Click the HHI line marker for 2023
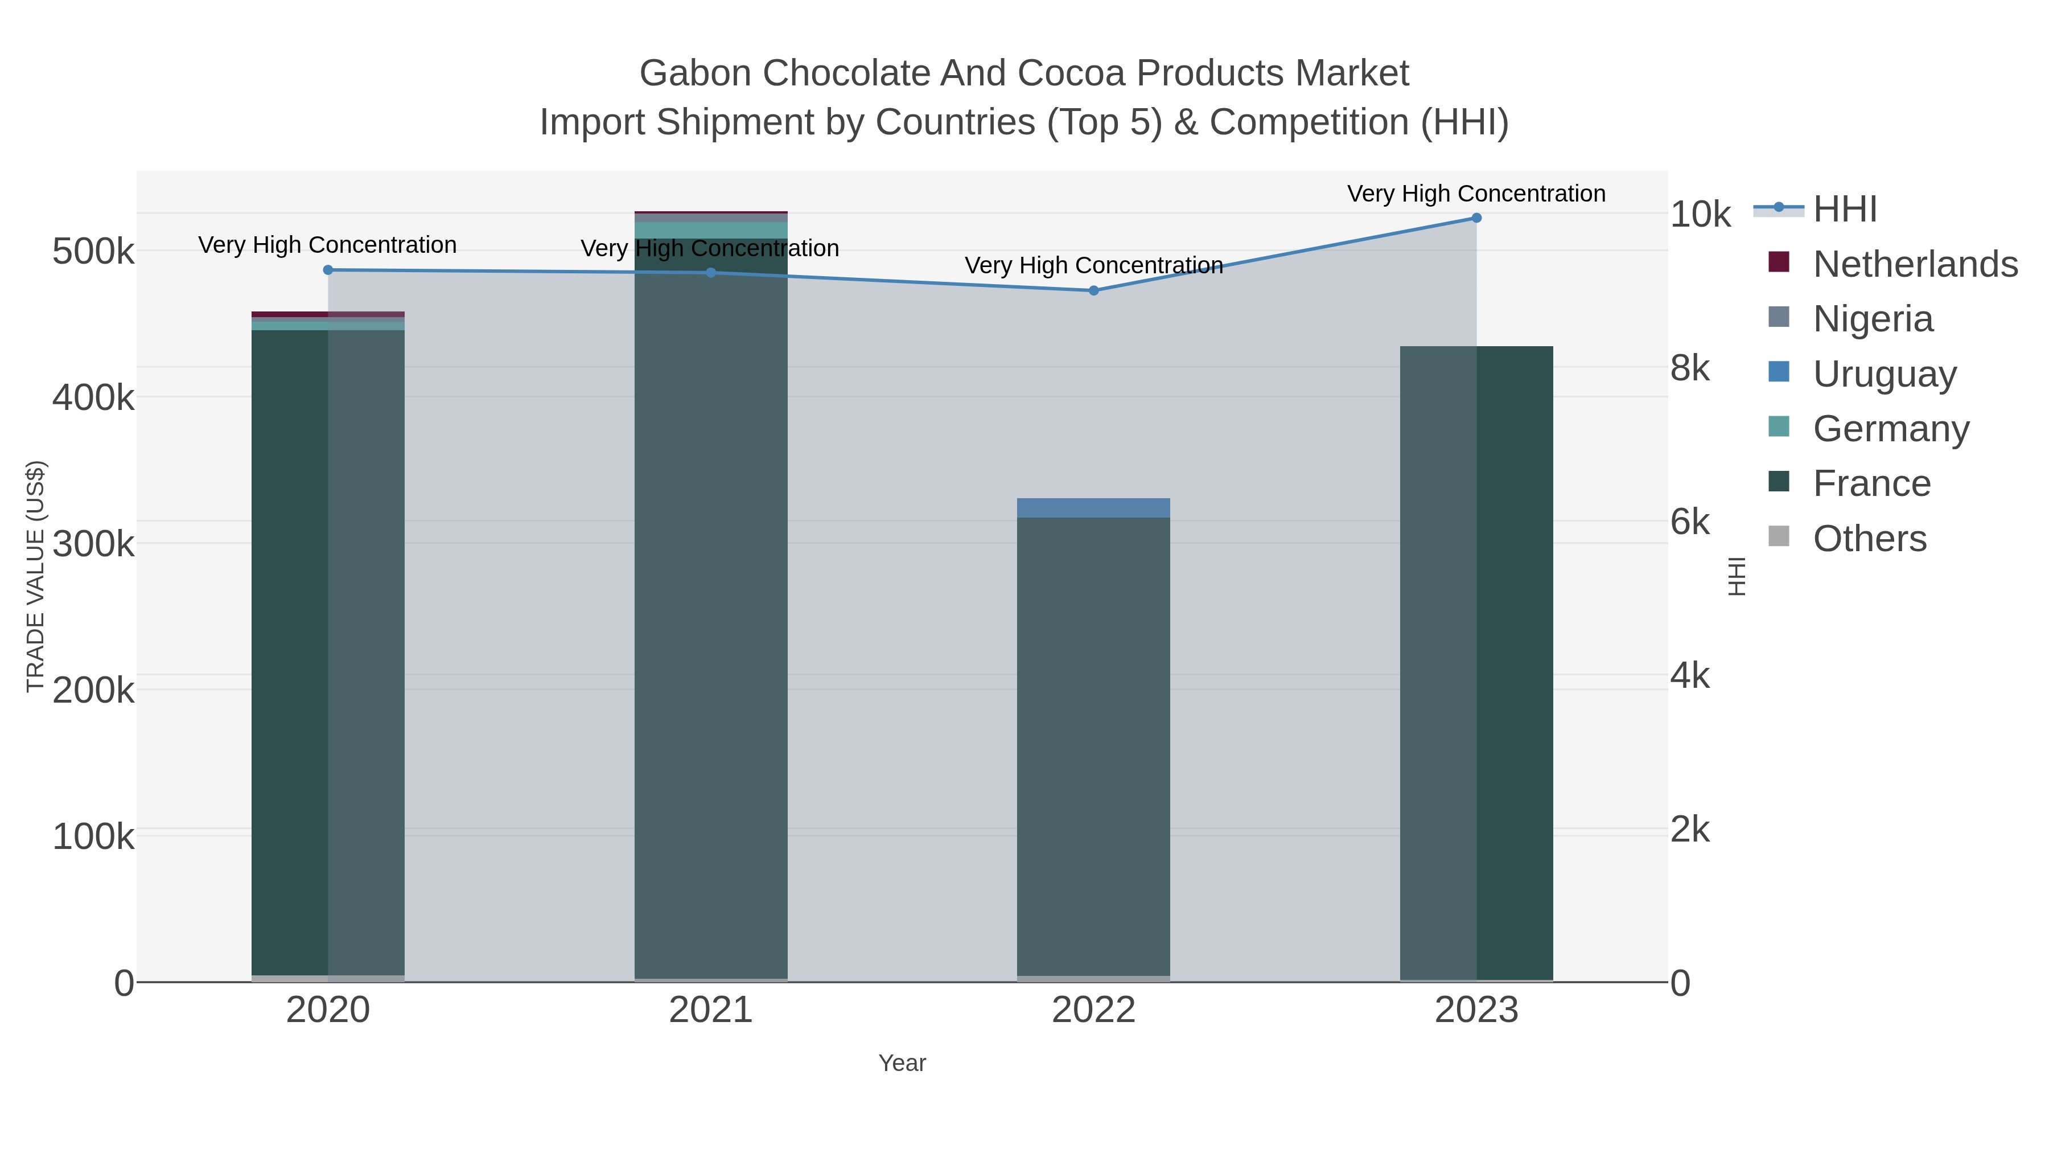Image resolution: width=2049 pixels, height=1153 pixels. click(1476, 218)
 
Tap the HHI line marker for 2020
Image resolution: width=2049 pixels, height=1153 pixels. click(328, 270)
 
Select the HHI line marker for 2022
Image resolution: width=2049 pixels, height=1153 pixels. click(1094, 290)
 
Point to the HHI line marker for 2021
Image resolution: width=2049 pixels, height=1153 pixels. click(711, 273)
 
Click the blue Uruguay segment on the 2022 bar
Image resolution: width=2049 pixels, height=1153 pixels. click(1094, 508)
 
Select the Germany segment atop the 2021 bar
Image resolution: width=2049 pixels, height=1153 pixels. click(711, 230)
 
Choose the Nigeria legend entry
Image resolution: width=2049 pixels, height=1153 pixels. click(1873, 319)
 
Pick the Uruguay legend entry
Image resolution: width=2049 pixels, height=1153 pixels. click(1883, 374)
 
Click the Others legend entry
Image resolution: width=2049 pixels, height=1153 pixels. click(1869, 539)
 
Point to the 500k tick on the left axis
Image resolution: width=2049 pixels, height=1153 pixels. click(93, 252)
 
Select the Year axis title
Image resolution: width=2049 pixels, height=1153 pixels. click(902, 1063)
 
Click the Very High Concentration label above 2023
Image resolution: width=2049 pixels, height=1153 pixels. click(1476, 194)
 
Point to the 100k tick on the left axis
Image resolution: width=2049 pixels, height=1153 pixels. click(93, 837)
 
